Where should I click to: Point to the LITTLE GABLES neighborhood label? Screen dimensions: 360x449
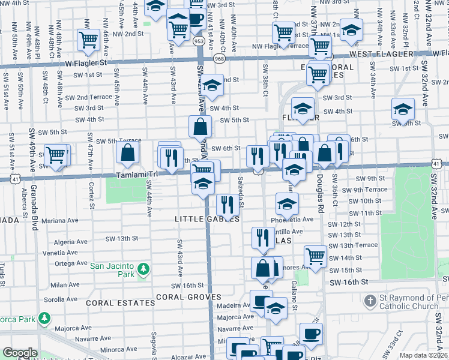pos(206,220)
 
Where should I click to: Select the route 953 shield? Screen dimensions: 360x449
pos(199,41)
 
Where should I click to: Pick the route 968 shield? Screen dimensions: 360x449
pos(220,58)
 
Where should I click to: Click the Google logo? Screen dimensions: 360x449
pos(20,353)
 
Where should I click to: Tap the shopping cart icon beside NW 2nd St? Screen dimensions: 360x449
pos(88,40)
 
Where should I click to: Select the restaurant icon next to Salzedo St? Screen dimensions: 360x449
pos(226,205)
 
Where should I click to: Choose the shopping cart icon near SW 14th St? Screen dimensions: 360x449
pos(315,256)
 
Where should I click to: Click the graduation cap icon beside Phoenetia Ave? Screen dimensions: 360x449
pos(288,203)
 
